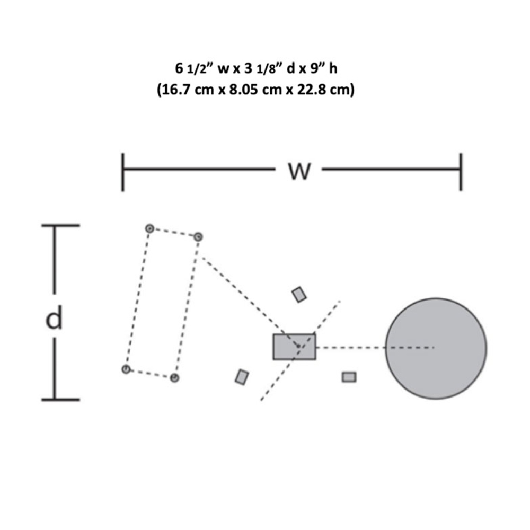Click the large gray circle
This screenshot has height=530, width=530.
436,348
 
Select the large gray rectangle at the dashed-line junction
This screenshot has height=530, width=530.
294,347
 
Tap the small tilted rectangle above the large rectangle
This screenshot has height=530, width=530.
299,294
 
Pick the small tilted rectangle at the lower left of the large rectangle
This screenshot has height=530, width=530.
242,377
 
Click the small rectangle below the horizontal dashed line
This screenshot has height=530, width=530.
349,377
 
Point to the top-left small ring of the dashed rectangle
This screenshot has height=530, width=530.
149,229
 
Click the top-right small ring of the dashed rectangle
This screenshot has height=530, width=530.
198,237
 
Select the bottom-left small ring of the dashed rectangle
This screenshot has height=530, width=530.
126,369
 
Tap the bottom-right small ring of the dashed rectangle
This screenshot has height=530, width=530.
174,377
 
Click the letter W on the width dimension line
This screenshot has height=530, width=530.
299,171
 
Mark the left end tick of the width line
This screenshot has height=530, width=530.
123,172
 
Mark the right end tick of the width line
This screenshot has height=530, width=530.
461,172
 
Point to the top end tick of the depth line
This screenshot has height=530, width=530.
60,225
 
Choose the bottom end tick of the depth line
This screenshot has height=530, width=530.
60,400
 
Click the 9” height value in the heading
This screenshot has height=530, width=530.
318,68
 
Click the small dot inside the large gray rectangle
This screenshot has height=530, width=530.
298,346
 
